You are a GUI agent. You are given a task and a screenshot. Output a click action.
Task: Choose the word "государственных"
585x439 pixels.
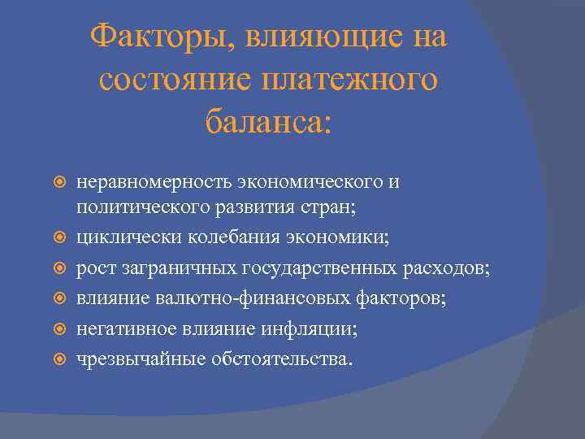[x=310, y=268]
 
